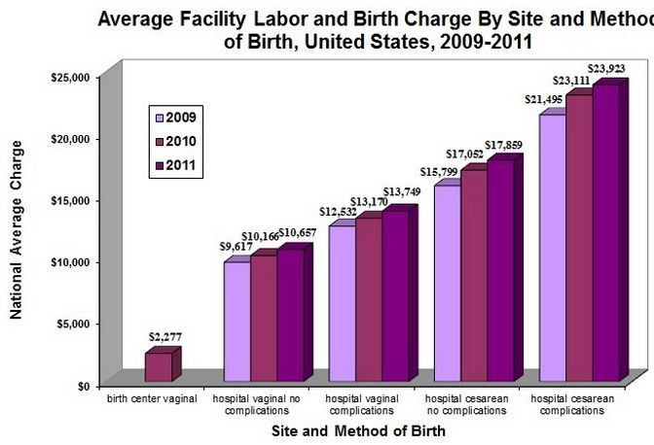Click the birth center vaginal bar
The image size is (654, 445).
(x=159, y=366)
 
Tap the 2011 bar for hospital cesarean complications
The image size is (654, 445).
(x=605, y=233)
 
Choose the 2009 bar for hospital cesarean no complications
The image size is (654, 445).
(x=447, y=282)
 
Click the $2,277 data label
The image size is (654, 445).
(x=164, y=336)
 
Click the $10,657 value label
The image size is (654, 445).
(x=298, y=235)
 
